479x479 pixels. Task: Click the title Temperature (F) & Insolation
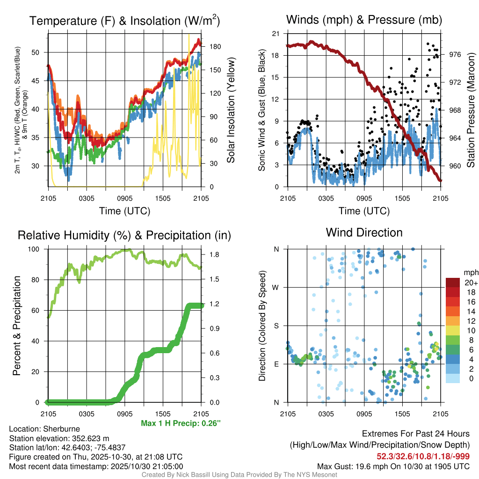pos(124,21)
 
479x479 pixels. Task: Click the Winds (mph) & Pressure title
pos(364,20)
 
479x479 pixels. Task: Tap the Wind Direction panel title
pos(364,232)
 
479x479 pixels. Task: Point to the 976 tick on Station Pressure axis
pos(455,55)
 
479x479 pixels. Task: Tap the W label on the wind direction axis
pos(276,287)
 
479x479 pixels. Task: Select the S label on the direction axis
pos(276,326)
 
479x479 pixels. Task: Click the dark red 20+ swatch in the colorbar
pos(453,283)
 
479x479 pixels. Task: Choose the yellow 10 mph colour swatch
pos(453,330)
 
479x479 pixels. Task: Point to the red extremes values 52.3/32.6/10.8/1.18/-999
pos(423,456)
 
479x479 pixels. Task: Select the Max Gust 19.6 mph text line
pos(393,466)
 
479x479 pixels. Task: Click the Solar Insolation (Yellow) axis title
pos(230,110)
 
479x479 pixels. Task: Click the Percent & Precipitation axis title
pos(16,326)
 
